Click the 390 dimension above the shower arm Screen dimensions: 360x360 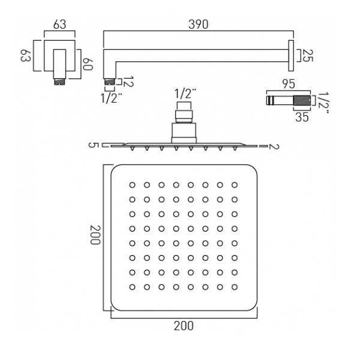tap(199, 25)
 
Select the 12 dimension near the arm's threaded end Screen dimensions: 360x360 tap(128, 81)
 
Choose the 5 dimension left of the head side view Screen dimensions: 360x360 tap(92, 145)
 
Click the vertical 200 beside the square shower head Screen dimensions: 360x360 tap(95, 236)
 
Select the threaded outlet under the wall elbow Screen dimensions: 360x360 tap(58, 79)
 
